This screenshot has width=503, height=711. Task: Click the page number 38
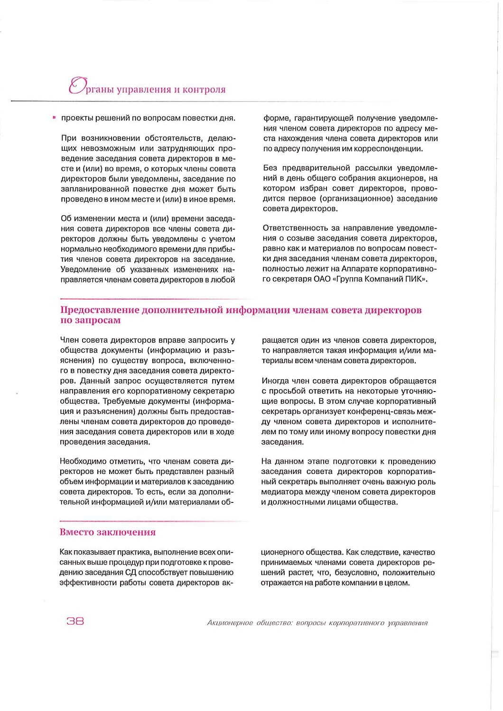point(75,620)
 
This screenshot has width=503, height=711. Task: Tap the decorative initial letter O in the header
point(76,86)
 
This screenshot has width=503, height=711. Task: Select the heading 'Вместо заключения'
point(108,532)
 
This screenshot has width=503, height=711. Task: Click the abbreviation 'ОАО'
point(323,279)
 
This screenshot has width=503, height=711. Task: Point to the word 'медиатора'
point(282,492)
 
